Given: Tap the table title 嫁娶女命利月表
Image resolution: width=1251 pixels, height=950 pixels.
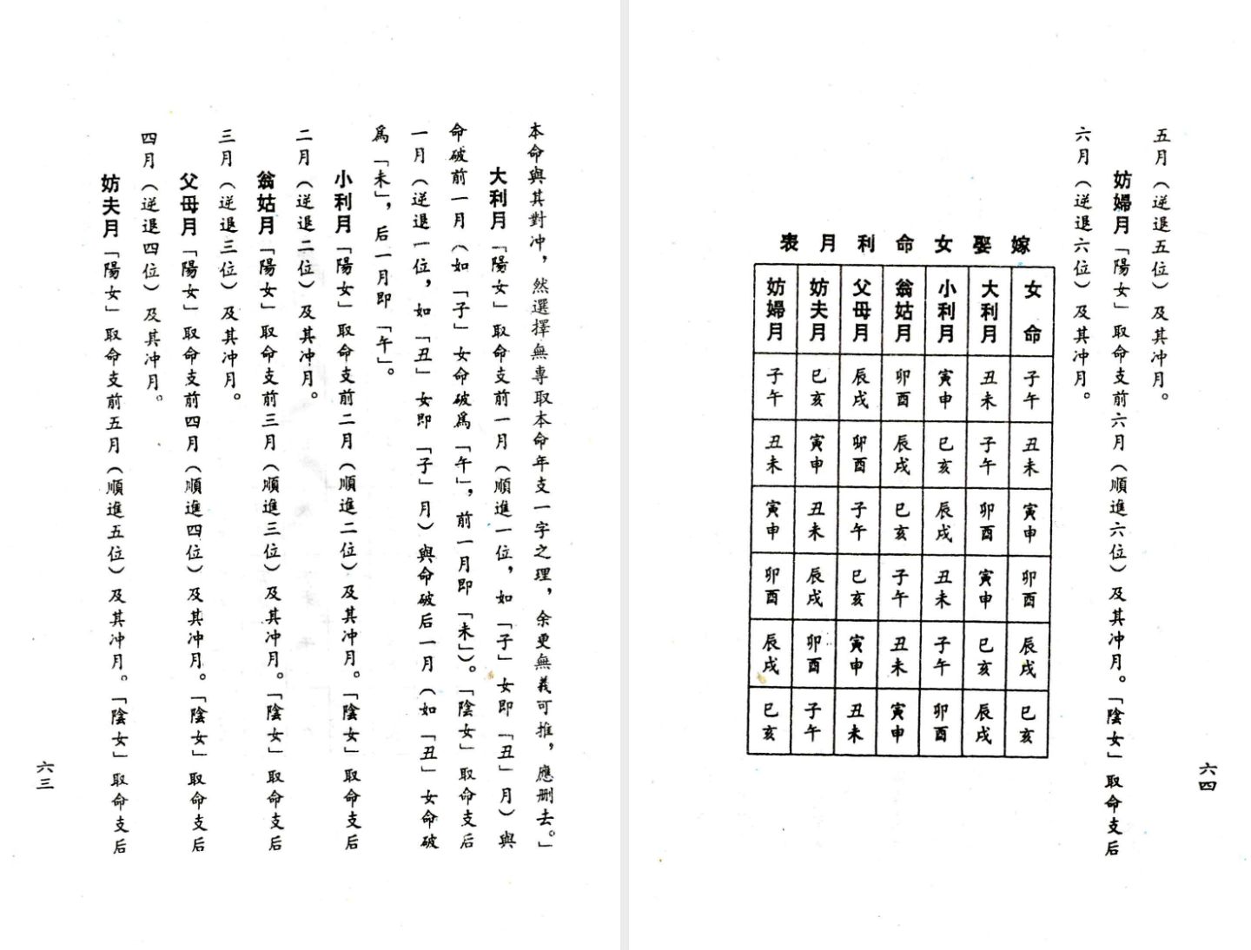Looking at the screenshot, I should pyautogui.click(x=903, y=244).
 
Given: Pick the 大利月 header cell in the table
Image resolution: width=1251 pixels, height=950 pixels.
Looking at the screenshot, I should pyautogui.click(x=989, y=310).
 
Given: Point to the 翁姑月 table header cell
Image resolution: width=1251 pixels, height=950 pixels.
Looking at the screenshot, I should pyautogui.click(x=903, y=310).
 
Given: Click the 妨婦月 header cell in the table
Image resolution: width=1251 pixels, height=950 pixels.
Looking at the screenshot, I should pyautogui.click(x=775, y=310).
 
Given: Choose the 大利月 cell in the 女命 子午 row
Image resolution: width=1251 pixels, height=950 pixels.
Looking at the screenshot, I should pyautogui.click(x=989, y=388).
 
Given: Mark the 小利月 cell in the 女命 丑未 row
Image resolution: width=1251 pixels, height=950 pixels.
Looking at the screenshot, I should pyautogui.click(x=945, y=454).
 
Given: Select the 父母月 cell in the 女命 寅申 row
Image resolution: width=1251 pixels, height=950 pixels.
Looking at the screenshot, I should pyautogui.click(x=858, y=520).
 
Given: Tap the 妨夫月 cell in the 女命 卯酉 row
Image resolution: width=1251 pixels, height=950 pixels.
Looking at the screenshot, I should pyautogui.click(x=816, y=586).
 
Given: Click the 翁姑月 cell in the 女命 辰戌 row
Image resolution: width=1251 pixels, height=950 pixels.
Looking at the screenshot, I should pyautogui.click(x=900, y=654).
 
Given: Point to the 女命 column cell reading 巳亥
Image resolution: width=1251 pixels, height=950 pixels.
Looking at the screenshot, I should pyautogui.click(x=1028, y=722).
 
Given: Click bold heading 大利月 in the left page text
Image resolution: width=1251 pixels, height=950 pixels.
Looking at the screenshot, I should pyautogui.click(x=498, y=199).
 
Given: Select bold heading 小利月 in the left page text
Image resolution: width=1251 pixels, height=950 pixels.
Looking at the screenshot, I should pyautogui.click(x=344, y=199).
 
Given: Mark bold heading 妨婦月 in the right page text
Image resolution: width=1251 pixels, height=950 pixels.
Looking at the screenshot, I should pyautogui.click(x=1122, y=202).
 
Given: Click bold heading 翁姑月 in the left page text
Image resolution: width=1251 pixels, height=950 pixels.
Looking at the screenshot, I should pyautogui.click(x=266, y=202).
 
